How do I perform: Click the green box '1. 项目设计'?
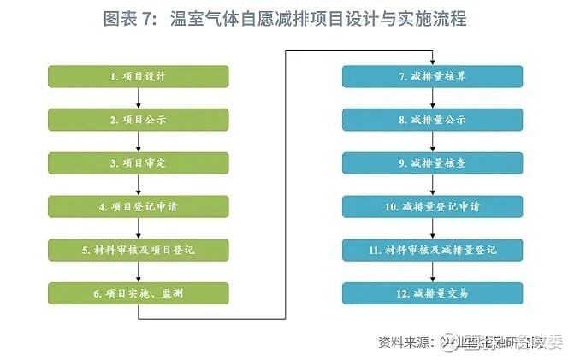point(138,76)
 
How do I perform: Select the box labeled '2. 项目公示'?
point(138,120)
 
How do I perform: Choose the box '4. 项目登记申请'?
point(138,207)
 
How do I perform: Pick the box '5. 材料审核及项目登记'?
point(138,251)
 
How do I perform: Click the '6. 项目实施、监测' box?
point(138,294)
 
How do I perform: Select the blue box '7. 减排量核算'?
point(433,76)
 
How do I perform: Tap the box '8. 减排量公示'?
point(433,120)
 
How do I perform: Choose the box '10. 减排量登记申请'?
point(433,207)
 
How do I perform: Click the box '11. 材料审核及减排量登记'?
point(433,251)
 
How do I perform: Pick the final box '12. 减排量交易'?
point(433,294)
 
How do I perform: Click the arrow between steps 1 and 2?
point(138,98)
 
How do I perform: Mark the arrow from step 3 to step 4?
point(138,186)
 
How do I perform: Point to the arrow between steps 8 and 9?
point(433,142)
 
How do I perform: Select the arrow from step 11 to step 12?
point(433,273)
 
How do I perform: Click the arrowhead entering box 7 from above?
point(433,61)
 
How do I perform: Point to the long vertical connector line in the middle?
point(285,184)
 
